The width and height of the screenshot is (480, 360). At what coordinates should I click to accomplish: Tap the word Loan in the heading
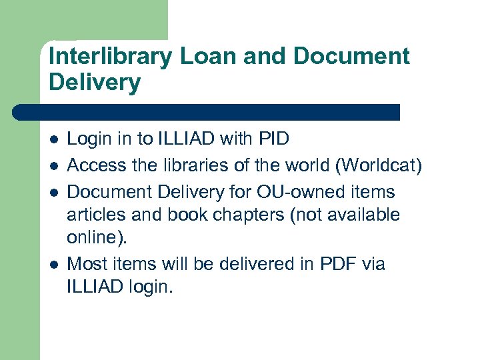click(205, 57)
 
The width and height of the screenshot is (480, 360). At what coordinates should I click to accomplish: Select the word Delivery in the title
click(95, 83)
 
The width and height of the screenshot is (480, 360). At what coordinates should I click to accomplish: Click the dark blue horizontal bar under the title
click(207, 112)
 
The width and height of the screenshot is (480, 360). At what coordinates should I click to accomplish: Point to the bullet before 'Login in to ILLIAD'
click(53, 140)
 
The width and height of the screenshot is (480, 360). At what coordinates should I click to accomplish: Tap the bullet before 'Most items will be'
click(53, 265)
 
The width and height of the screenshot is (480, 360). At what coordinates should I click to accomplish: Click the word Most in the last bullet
click(87, 264)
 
